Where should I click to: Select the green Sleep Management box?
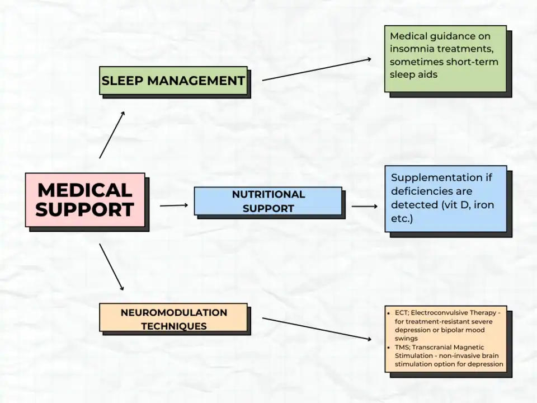point(173,81)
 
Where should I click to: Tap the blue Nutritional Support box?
point(268,201)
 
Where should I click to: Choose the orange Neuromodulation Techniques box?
point(173,318)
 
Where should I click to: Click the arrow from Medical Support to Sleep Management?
point(112,134)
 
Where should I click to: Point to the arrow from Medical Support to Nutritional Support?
point(174,205)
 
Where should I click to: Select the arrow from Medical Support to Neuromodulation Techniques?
point(111,266)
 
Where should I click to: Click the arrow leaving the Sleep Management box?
point(317,69)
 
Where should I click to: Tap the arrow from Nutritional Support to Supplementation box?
point(365,206)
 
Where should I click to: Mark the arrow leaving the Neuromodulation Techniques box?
point(317,329)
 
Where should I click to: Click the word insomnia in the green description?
point(413,49)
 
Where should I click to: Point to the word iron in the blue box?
point(484,205)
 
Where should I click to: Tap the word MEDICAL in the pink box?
point(85,190)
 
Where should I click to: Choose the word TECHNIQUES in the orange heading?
point(173,326)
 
